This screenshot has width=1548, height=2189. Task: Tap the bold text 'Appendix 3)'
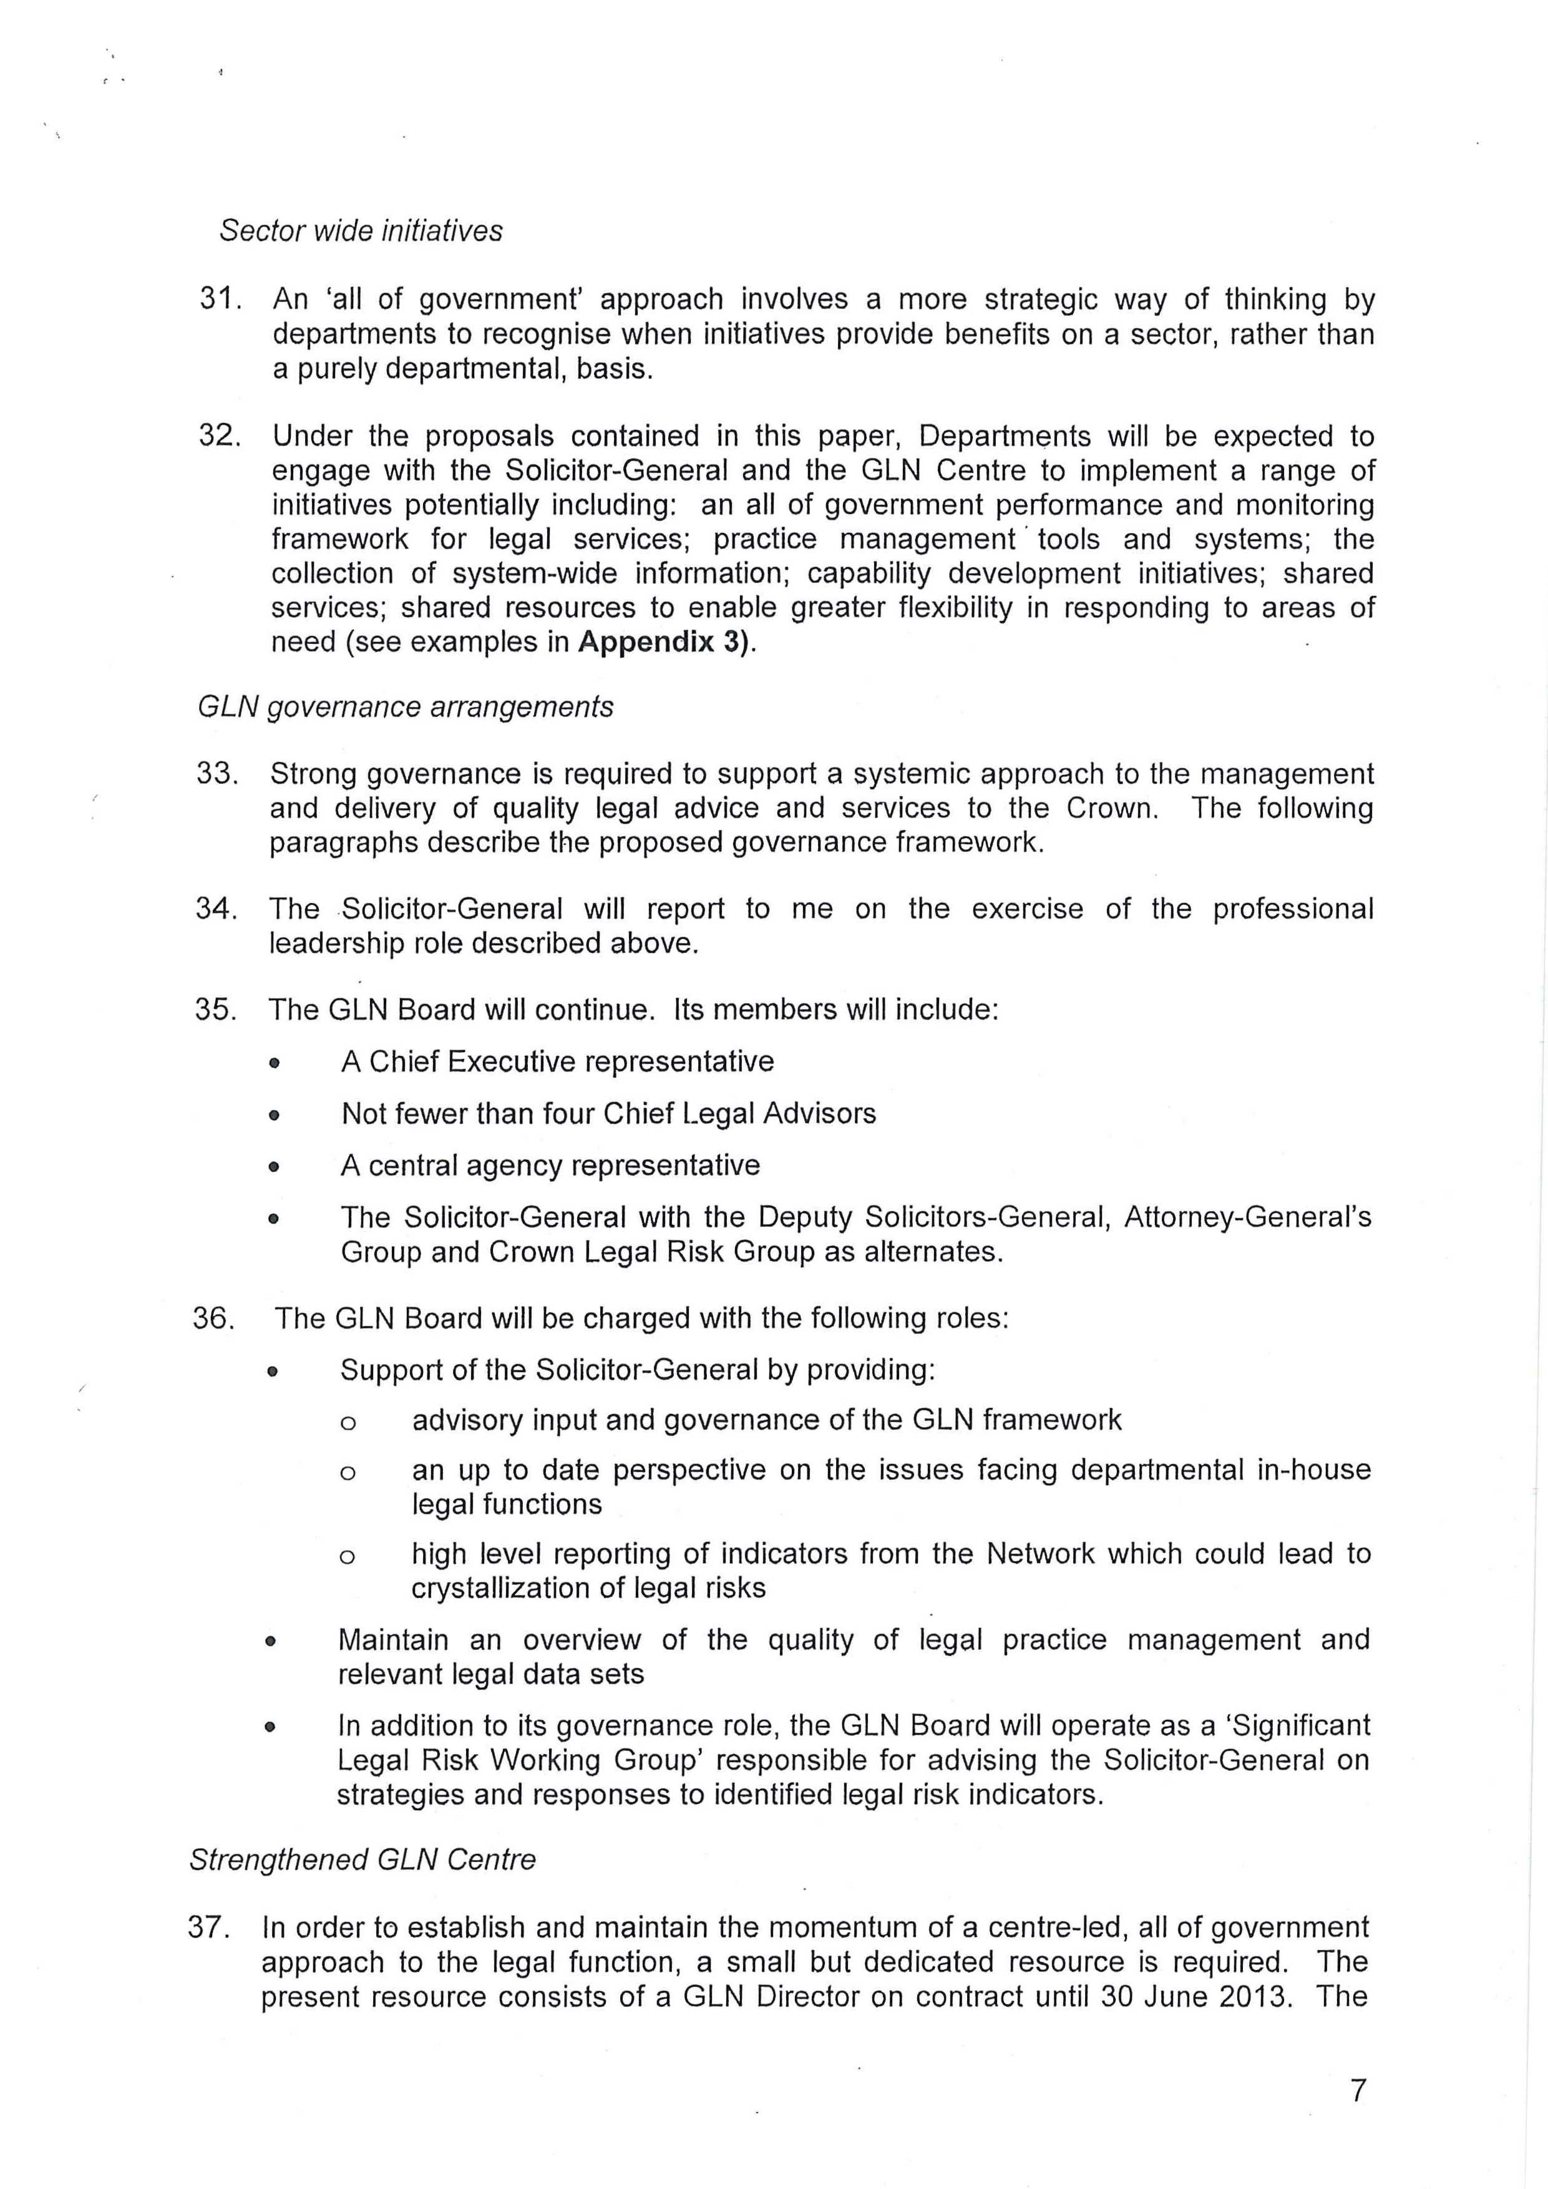664,641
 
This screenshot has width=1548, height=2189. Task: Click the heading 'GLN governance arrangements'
405,706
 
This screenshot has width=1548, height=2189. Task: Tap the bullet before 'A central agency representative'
275,1166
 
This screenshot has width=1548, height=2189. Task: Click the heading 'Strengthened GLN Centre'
363,1860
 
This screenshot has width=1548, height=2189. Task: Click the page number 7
1358,2091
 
